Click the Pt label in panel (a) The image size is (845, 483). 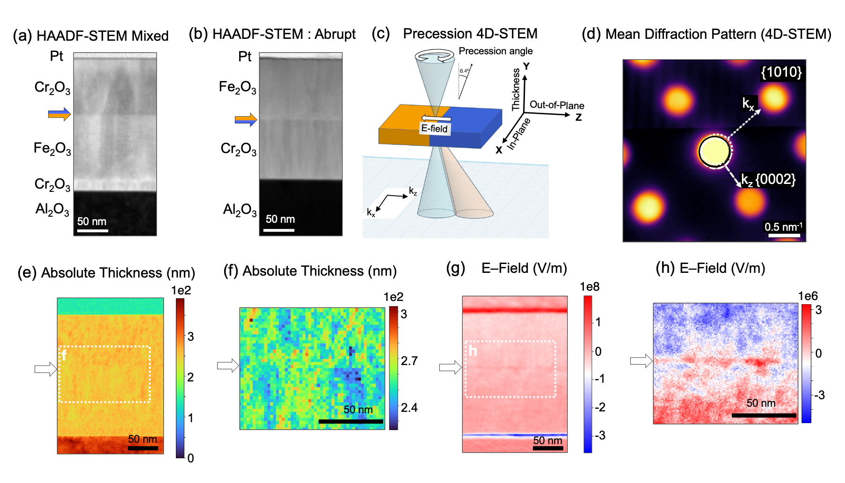(x=57, y=56)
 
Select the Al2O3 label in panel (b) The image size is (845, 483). (x=240, y=210)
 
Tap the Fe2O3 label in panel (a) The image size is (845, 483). (x=52, y=149)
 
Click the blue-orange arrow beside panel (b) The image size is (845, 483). (x=246, y=120)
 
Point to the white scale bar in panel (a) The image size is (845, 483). (x=93, y=230)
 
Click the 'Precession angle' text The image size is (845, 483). (x=495, y=51)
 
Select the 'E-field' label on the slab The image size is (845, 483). (x=434, y=128)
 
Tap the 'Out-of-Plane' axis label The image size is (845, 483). (x=557, y=105)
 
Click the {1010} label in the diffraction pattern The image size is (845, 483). (x=781, y=72)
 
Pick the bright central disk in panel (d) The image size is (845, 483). (x=714, y=151)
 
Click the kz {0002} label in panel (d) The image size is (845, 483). (x=768, y=180)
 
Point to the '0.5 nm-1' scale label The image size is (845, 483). (x=783, y=227)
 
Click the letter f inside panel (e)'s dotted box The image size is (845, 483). (x=64, y=355)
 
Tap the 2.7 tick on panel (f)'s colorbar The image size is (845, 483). (x=409, y=361)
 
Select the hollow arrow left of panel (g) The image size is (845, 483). (x=451, y=368)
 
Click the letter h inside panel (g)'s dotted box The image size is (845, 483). (x=473, y=351)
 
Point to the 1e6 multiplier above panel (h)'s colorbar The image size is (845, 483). (x=808, y=296)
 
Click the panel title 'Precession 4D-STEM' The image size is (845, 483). (x=470, y=34)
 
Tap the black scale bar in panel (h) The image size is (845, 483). (x=764, y=415)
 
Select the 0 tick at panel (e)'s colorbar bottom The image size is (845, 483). (x=190, y=458)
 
